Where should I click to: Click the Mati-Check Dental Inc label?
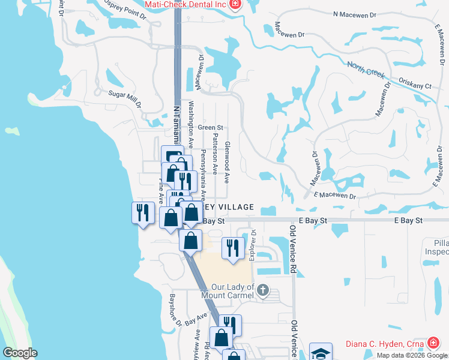tap(185, 5)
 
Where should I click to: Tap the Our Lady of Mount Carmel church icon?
tap(262, 291)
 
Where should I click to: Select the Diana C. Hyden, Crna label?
tap(385, 344)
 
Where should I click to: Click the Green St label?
tap(211, 128)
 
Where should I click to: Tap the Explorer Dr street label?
tap(253, 244)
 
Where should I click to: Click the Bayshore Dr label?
tap(175, 310)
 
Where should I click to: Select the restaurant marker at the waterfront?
tap(142, 212)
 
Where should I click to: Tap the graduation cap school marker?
tap(321, 352)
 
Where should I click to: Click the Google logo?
tap(20, 353)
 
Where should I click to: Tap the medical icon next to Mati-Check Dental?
tap(235, 5)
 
